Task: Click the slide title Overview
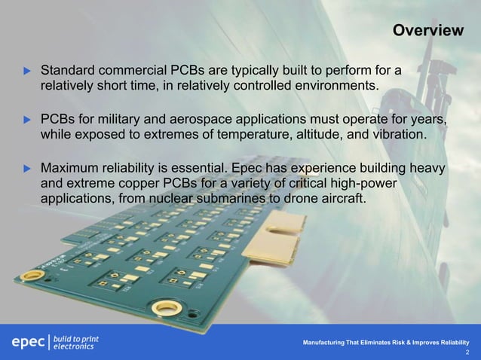click(x=427, y=31)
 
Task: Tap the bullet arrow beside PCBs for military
click(x=28, y=120)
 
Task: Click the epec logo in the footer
click(x=28, y=343)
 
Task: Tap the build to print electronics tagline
click(x=77, y=343)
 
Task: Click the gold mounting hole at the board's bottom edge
click(x=166, y=307)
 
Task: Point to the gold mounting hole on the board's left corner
click(x=32, y=276)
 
